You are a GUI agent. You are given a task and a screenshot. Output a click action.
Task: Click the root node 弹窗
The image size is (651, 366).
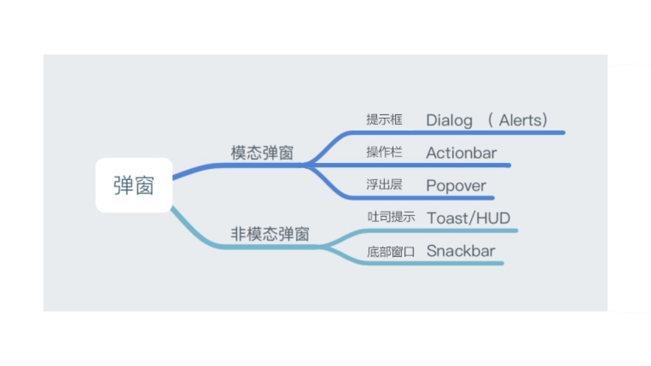134,185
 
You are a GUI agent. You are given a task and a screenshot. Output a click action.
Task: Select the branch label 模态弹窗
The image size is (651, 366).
262,152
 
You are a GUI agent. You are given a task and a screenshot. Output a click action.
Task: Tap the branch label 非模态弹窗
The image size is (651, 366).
270,234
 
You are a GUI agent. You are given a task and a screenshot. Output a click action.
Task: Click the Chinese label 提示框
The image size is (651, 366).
384,120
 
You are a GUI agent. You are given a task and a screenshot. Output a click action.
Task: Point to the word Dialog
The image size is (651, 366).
449,121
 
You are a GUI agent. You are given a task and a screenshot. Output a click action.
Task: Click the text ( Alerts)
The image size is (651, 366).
518,120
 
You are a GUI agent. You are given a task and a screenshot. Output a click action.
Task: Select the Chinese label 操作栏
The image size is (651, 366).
384,152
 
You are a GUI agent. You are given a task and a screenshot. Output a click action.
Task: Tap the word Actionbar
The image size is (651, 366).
461,153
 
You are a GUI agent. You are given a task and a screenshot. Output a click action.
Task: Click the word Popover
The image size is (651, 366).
456,186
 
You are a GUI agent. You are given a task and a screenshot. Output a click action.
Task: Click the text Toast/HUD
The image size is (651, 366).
469,218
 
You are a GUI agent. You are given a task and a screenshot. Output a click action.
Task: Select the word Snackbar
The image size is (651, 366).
461,251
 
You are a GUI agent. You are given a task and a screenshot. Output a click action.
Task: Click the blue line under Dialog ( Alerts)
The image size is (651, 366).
458,133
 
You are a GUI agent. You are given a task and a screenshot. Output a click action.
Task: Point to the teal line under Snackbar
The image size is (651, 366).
434,263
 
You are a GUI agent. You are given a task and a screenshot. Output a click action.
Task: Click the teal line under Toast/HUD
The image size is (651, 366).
441,231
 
